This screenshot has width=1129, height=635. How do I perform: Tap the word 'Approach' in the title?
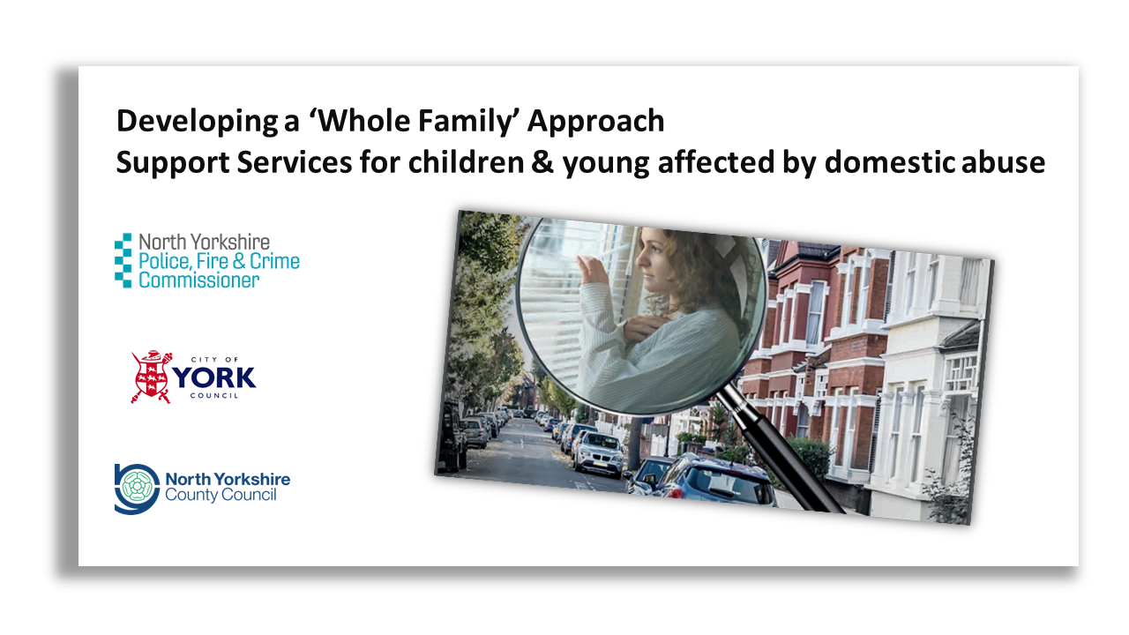tap(596, 121)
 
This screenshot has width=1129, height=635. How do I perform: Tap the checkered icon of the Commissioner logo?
tap(123, 260)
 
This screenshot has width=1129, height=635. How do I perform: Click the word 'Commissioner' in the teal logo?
tap(199, 280)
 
